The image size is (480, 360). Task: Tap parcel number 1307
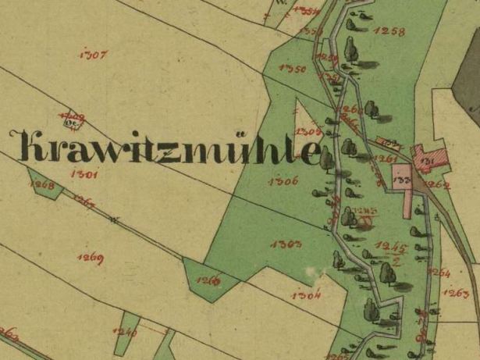tap(94, 55)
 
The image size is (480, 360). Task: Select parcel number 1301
tap(83, 175)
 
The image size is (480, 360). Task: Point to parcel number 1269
tap(91, 257)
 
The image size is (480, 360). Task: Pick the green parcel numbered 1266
tap(207, 280)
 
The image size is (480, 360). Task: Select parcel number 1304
tap(305, 296)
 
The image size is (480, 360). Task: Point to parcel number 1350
tap(291, 69)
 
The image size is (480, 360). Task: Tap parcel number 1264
tap(440, 273)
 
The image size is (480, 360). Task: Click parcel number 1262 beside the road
tap(439, 185)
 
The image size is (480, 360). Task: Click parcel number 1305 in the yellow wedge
tap(310, 130)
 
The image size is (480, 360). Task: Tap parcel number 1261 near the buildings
tap(385, 159)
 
